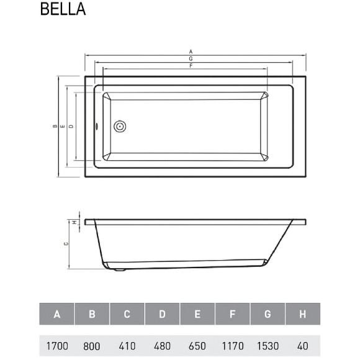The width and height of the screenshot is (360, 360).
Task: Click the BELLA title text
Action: click(63, 11)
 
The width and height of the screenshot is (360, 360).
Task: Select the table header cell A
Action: click(56, 315)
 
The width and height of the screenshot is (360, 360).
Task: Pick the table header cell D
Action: click(162, 315)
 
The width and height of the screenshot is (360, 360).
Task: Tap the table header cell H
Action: click(302, 315)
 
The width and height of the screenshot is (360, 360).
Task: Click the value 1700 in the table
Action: click(56, 346)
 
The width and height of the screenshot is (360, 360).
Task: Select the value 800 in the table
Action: click(92, 346)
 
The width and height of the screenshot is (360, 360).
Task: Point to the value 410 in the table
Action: click(127, 346)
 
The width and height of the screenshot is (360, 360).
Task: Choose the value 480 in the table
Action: click(162, 346)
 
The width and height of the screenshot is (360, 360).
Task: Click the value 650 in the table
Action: click(197, 346)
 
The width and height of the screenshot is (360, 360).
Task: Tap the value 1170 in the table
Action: click(232, 346)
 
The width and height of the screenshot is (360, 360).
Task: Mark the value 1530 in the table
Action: click(268, 346)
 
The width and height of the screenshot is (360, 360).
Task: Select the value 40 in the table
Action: click(302, 346)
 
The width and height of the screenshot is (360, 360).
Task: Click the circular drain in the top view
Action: click(120, 127)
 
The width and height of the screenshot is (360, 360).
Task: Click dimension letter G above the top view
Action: click(191, 58)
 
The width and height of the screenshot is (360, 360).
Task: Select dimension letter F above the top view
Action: click(191, 65)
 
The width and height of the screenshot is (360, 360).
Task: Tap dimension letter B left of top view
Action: click(55, 127)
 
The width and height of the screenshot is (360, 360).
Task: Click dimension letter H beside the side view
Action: click(74, 222)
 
